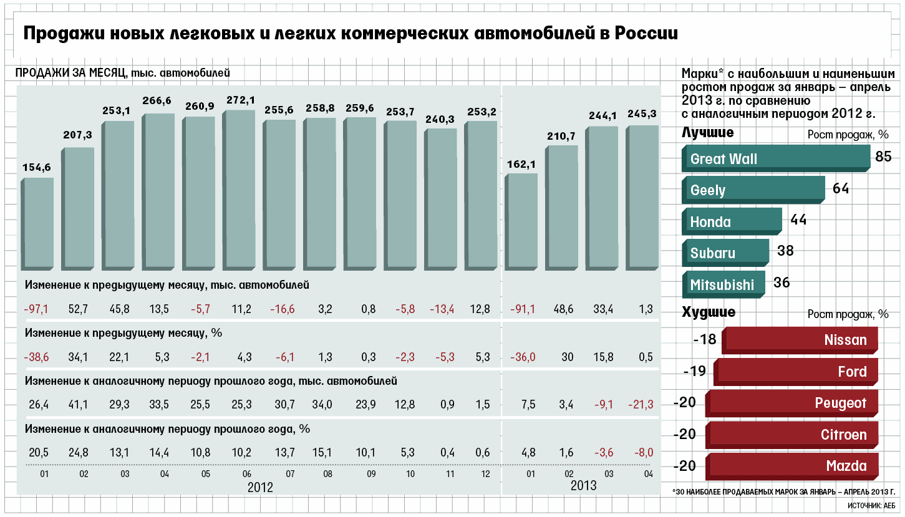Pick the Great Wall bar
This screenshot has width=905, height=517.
point(775,158)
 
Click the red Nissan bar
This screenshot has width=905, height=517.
point(800,340)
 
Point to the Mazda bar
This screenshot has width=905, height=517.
point(792,466)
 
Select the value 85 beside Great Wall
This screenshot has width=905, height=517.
point(883,157)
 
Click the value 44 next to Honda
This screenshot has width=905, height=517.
point(799,220)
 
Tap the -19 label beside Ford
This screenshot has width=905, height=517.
point(694,372)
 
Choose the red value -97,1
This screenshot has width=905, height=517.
point(36,310)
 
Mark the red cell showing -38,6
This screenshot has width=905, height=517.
point(36,357)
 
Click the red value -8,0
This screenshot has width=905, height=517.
point(642,453)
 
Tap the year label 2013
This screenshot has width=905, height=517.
point(583,486)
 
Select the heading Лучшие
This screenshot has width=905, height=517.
point(707,133)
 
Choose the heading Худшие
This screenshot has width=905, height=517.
point(709,312)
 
